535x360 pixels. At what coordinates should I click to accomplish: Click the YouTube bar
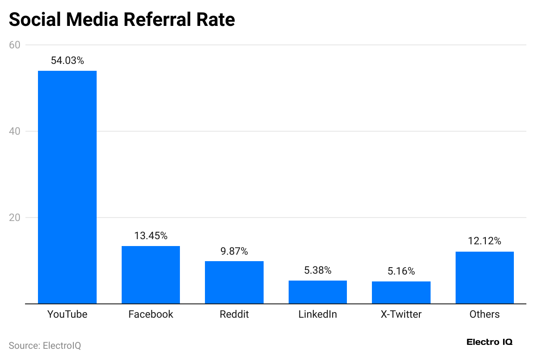click(67, 187)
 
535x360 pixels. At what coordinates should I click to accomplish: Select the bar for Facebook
click(151, 275)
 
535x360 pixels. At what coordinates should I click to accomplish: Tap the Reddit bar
click(234, 282)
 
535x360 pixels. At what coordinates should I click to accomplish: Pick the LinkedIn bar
click(318, 292)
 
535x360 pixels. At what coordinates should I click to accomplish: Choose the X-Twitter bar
click(401, 293)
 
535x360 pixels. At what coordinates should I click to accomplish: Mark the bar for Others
click(485, 278)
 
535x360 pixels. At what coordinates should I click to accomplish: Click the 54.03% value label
click(67, 60)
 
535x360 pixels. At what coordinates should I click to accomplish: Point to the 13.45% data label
click(151, 236)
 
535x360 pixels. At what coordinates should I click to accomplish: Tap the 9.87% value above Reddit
click(234, 251)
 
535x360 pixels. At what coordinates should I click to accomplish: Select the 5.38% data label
click(318, 270)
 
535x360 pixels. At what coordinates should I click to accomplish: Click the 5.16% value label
click(401, 271)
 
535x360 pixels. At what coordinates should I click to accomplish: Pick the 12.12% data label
click(485, 241)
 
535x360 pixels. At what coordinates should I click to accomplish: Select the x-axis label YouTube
click(67, 314)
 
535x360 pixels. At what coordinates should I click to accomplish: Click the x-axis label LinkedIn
click(318, 314)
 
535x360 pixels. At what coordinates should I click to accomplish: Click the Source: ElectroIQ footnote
click(45, 345)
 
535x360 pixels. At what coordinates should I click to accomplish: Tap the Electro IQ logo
click(489, 342)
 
